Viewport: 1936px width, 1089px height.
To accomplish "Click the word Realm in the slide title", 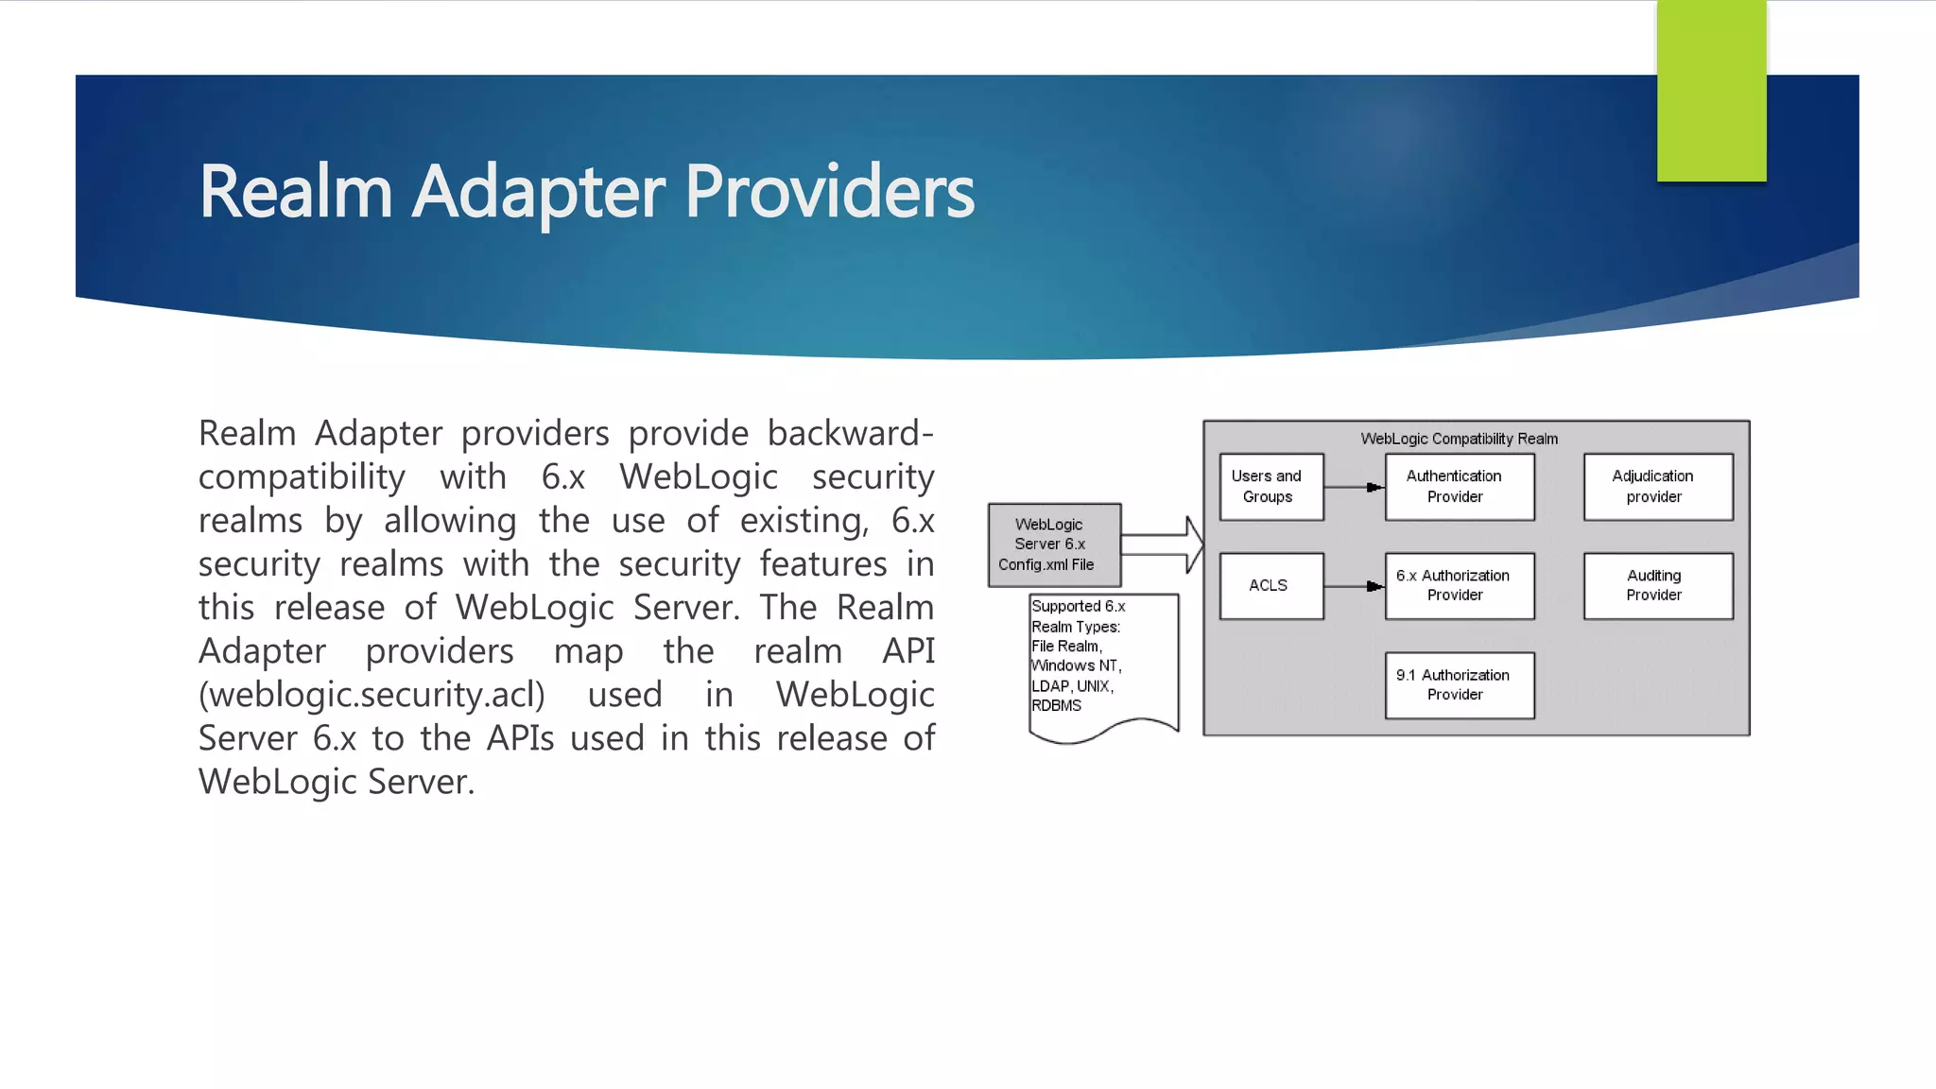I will (295, 192).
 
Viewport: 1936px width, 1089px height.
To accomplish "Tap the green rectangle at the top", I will (1711, 90).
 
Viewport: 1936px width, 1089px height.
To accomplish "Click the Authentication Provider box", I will (1459, 487).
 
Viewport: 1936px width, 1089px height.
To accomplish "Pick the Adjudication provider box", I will (1657, 487).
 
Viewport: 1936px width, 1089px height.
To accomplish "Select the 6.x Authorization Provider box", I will (1459, 586).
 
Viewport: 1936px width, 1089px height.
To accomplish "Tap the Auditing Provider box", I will (1657, 586).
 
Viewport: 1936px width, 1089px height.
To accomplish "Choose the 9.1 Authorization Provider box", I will (1459, 685).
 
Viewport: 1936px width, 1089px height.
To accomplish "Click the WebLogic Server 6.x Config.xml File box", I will (1053, 544).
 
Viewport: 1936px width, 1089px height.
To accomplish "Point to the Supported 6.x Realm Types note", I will (1101, 662).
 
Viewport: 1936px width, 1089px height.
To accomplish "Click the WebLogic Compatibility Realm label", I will (1459, 439).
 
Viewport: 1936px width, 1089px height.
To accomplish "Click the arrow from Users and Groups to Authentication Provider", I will (1354, 487).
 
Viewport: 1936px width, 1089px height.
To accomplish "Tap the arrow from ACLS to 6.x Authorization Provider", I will (1354, 586).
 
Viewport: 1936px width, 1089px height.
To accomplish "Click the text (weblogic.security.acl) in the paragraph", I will (372, 695).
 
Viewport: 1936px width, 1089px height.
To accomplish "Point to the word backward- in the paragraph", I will (849, 433).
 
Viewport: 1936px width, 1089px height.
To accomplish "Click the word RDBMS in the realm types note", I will (1056, 706).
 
